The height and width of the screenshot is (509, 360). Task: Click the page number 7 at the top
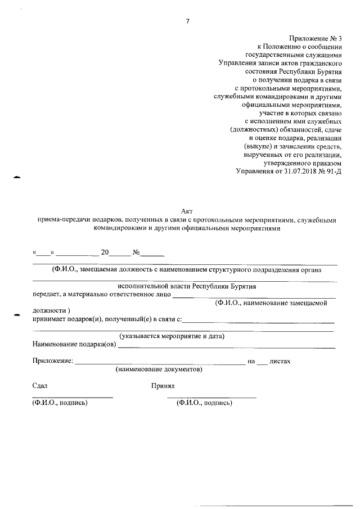click(x=187, y=22)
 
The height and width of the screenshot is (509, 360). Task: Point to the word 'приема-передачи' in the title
click(x=62, y=219)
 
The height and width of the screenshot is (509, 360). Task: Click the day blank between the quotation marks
click(x=43, y=253)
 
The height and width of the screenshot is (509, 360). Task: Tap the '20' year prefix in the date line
click(x=105, y=253)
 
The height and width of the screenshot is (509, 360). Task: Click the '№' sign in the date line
click(x=136, y=253)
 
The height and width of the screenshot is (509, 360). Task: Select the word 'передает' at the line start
click(x=46, y=294)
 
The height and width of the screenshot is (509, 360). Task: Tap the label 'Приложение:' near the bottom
click(x=53, y=361)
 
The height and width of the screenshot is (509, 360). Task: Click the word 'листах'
click(x=280, y=361)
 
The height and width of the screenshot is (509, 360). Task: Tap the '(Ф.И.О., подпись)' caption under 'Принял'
click(x=204, y=403)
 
